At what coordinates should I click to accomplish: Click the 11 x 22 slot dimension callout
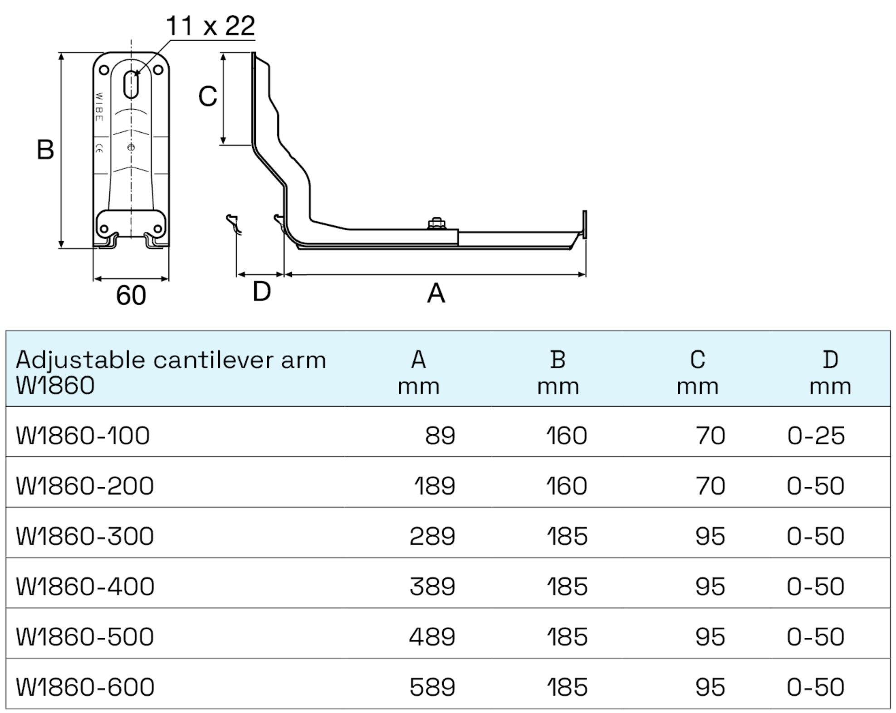(210, 26)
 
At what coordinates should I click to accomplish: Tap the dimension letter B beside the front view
(45, 150)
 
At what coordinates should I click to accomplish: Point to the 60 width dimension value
(131, 296)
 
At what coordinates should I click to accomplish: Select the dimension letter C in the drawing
(208, 97)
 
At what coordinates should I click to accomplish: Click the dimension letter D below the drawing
(261, 291)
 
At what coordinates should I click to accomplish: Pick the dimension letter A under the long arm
(436, 294)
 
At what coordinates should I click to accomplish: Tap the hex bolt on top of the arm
(436, 223)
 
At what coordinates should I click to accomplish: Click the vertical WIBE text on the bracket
(99, 107)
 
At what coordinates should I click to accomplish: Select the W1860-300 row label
(85, 536)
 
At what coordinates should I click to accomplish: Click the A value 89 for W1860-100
(440, 436)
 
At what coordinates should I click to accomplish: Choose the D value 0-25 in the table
(816, 436)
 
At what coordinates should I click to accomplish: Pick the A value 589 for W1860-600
(432, 687)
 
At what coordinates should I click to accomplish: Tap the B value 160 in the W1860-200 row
(566, 486)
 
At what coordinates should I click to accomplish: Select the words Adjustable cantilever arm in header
(171, 360)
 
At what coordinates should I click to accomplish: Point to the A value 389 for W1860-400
(432, 587)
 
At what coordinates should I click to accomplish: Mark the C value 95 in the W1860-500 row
(710, 637)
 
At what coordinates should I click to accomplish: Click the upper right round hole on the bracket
(158, 70)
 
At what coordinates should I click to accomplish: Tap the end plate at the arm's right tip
(584, 224)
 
